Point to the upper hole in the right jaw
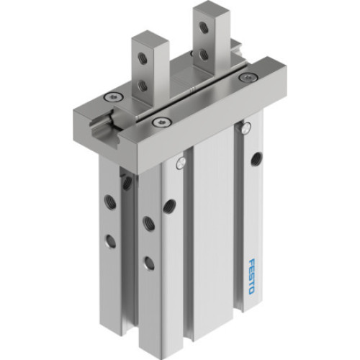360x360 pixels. [204, 27]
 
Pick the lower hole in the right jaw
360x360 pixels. [204, 53]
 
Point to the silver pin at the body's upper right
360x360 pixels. [247, 128]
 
